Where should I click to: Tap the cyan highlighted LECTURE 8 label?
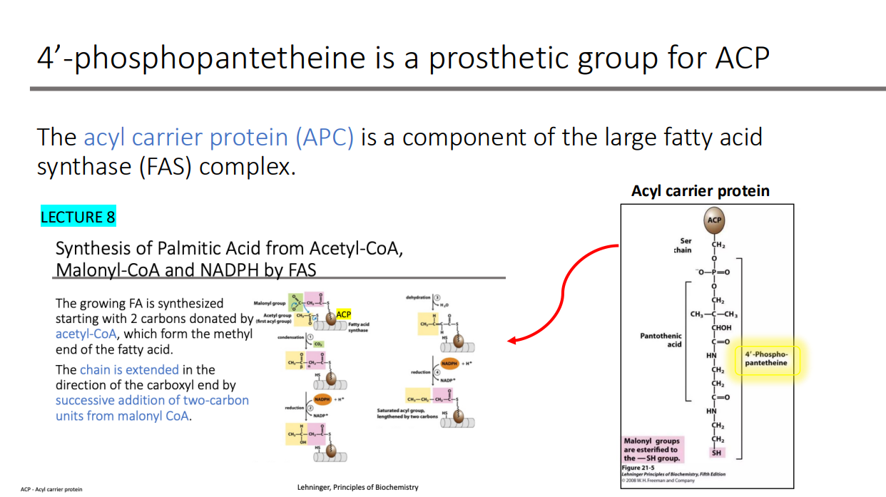(78, 217)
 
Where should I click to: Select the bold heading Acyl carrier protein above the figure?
(700, 191)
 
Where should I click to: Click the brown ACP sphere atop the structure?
(715, 220)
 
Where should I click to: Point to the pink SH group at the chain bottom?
(716, 453)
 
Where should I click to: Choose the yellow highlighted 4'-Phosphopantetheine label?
(766, 359)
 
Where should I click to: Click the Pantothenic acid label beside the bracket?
(661, 339)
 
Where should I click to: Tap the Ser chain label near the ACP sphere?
(682, 245)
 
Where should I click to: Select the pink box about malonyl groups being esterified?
(652, 449)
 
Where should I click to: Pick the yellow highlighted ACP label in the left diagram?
(343, 314)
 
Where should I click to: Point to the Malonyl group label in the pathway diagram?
(269, 303)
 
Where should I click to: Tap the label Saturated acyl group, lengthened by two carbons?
(407, 414)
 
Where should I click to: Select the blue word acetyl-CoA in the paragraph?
(86, 334)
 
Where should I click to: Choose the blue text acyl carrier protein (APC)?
(218, 137)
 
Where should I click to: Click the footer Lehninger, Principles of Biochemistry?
(357, 488)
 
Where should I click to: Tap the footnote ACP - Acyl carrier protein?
(51, 489)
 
